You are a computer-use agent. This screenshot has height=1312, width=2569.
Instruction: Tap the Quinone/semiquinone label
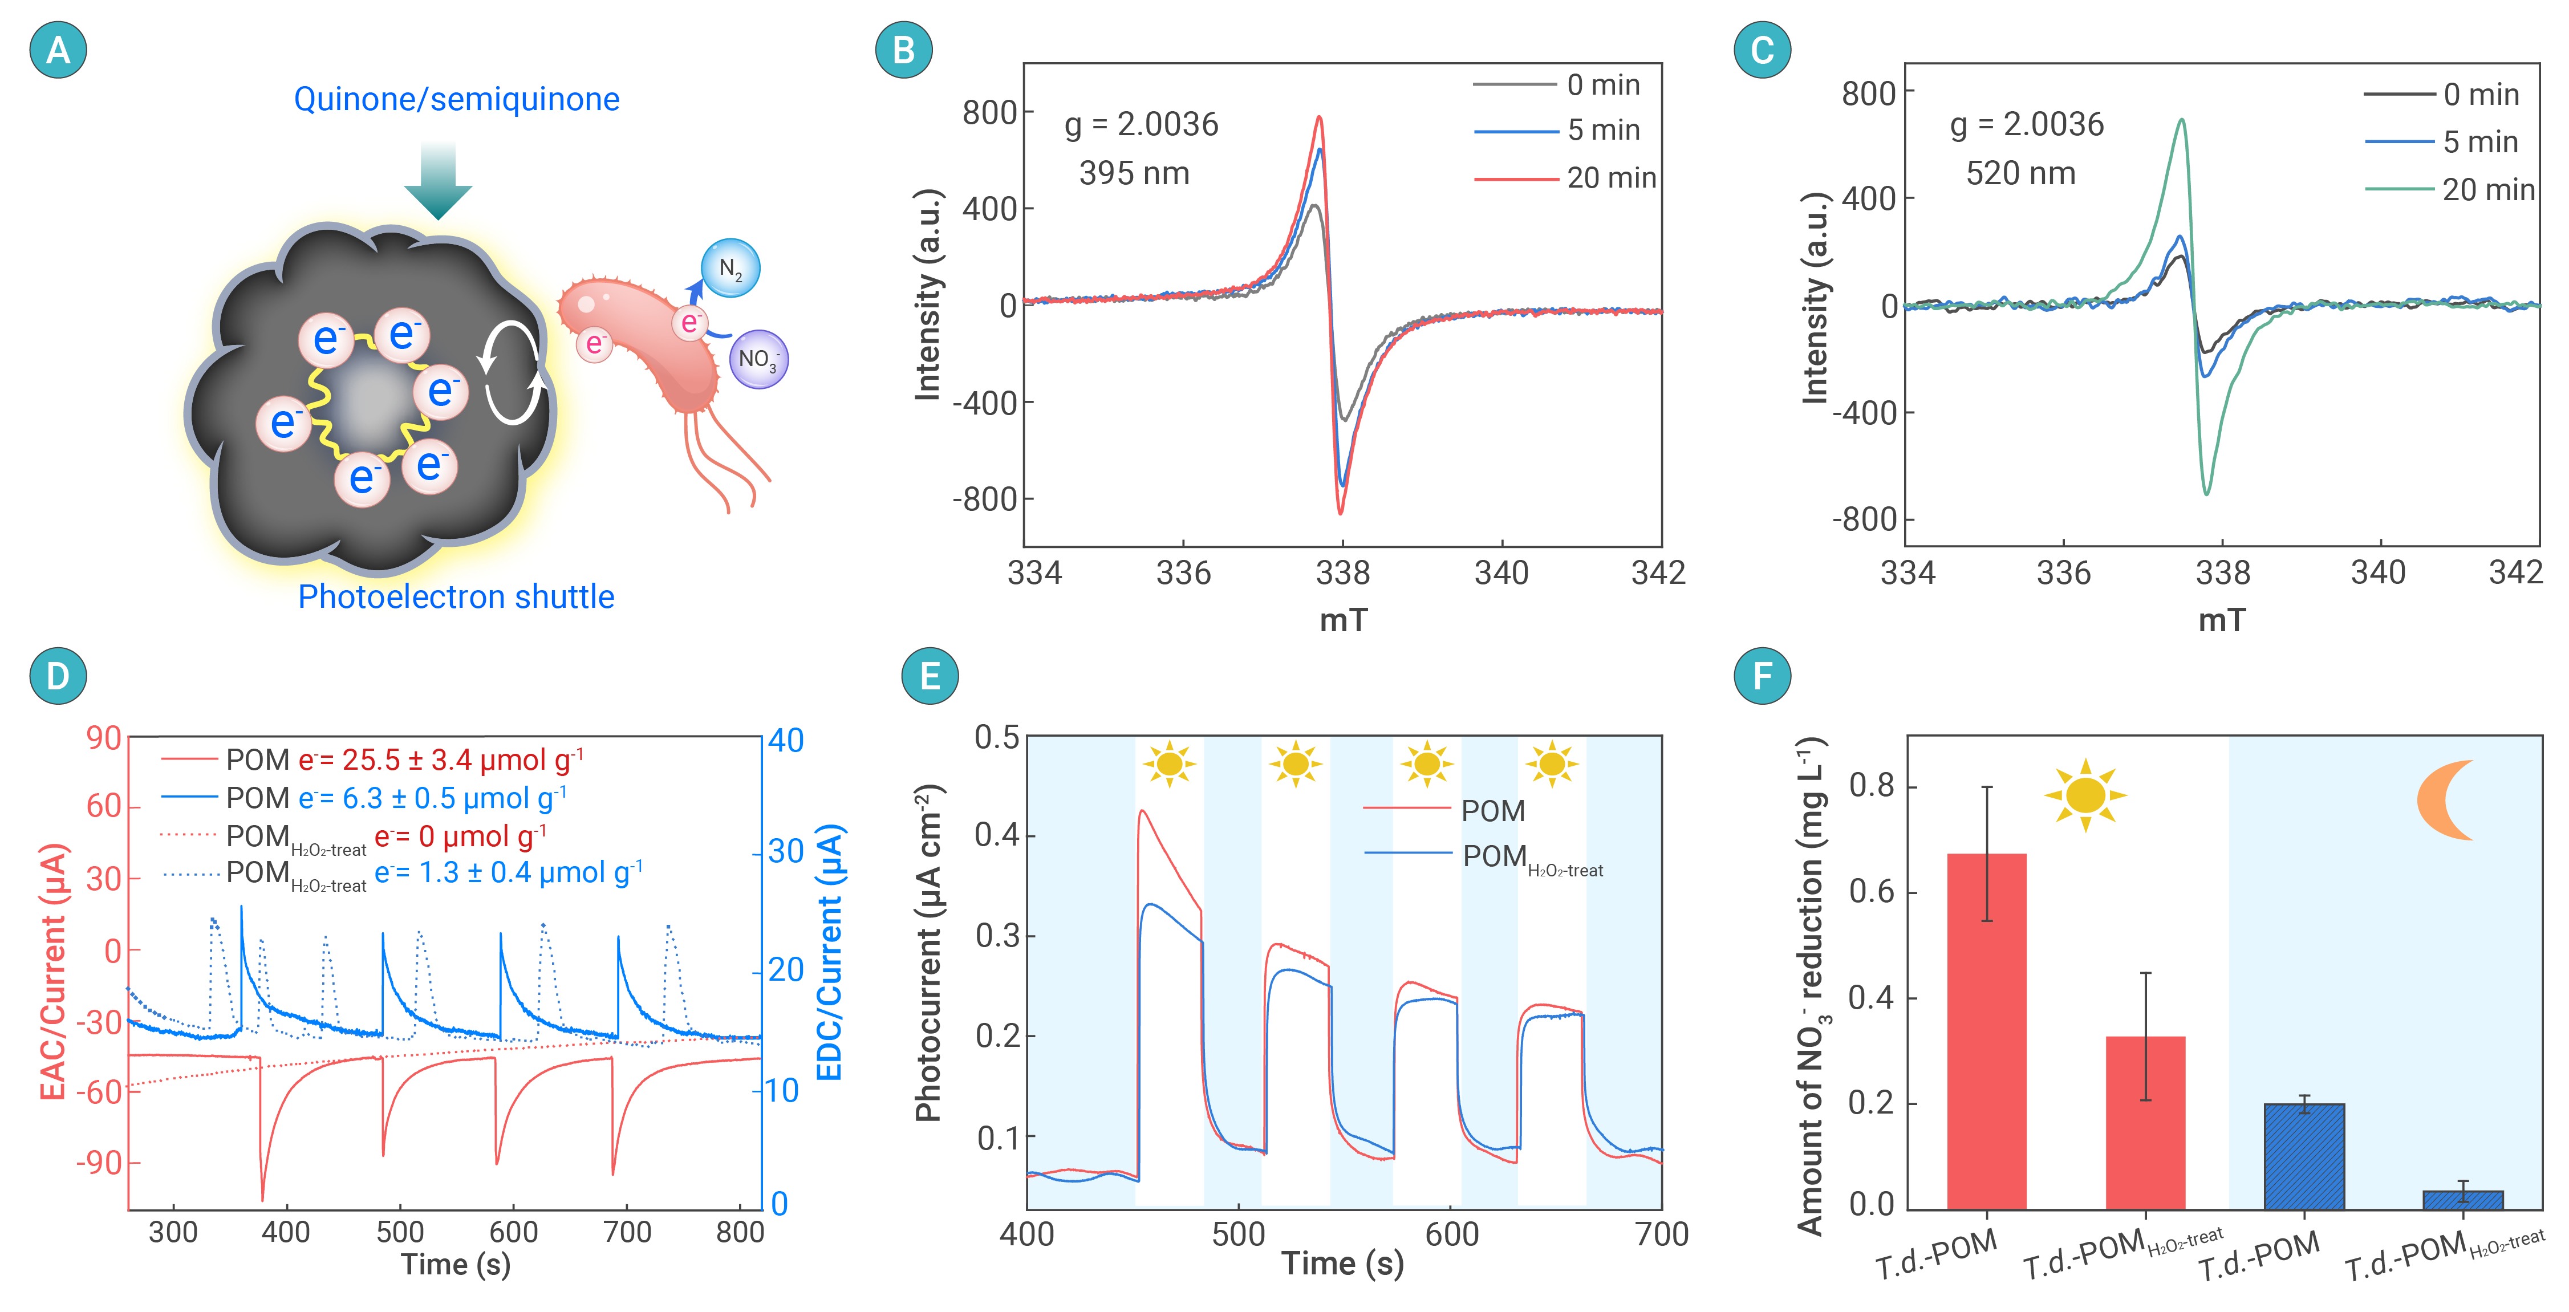point(456,99)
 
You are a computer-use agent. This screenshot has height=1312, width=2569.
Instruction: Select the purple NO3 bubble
point(758,359)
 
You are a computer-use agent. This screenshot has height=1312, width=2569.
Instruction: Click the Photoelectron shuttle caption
point(456,596)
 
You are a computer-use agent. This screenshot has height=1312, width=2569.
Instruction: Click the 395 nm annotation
point(1134,173)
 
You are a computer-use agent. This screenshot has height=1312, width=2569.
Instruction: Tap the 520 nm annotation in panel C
point(2019,173)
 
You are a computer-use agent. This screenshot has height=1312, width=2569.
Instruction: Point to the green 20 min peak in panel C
point(2182,121)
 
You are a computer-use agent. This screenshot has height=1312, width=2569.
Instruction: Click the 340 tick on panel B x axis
point(1501,572)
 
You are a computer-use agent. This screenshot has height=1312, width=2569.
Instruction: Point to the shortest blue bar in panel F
point(2462,1199)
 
